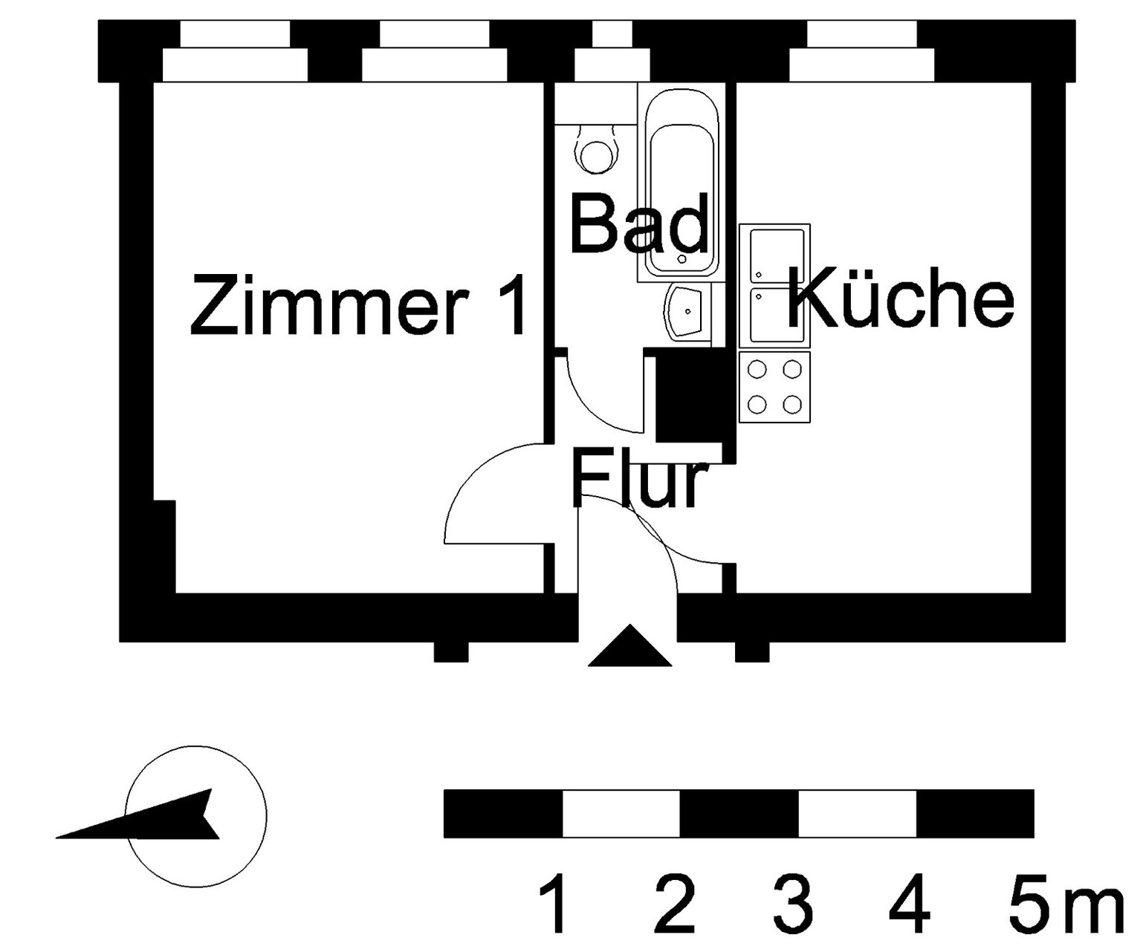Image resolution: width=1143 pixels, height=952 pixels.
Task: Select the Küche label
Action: click(901, 298)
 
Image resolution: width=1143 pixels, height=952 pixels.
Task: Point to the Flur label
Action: click(637, 477)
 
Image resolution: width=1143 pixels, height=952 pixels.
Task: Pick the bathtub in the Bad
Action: click(681, 183)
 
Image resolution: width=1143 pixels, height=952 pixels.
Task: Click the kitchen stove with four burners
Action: click(774, 387)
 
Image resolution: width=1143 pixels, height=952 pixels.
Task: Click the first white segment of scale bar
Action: click(621, 814)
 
